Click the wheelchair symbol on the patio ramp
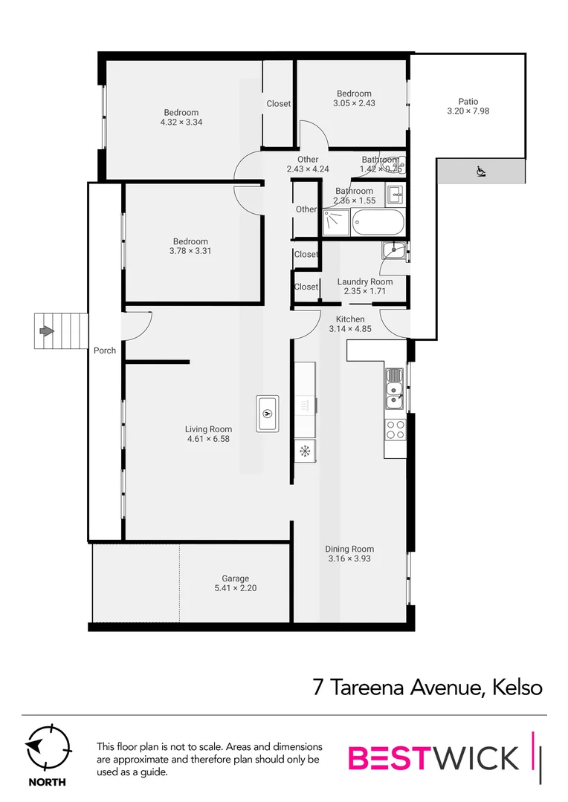click(480, 172)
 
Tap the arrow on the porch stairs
click(47, 331)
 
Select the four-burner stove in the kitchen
click(395, 428)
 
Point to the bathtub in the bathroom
click(379, 222)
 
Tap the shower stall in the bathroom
click(336, 221)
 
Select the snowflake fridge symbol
click(304, 451)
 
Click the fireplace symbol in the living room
click(268, 414)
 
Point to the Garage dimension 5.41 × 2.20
click(235, 588)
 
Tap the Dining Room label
click(349, 549)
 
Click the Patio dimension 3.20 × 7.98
click(468, 111)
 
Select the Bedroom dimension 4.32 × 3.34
click(181, 122)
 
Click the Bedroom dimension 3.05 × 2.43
click(354, 103)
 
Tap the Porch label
click(105, 351)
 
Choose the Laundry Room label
click(365, 281)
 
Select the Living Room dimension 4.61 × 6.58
click(208, 438)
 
